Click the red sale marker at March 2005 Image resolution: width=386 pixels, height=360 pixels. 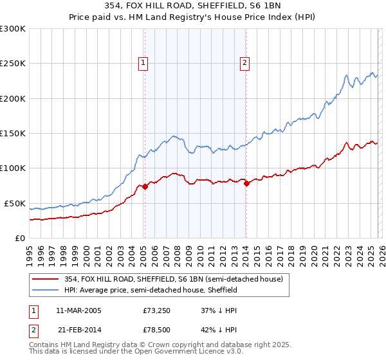coord(145,187)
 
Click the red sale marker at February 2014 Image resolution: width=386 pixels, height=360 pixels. coord(246,184)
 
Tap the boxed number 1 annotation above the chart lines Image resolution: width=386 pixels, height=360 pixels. coord(142,62)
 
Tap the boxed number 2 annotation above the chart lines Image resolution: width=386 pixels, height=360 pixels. coord(245,62)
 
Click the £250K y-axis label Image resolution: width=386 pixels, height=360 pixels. coord(13,64)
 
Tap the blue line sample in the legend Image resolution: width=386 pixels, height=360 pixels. coord(45,290)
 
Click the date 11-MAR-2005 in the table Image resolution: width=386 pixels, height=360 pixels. coord(78,310)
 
